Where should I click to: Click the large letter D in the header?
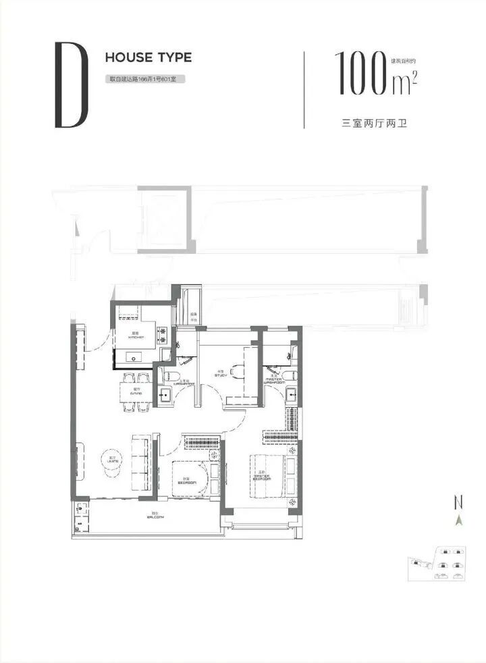tap(71, 86)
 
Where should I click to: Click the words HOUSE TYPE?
tap(148, 57)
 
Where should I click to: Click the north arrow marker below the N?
tap(459, 520)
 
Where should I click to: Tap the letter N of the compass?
tap(459, 502)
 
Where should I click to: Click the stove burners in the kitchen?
tap(163, 335)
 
